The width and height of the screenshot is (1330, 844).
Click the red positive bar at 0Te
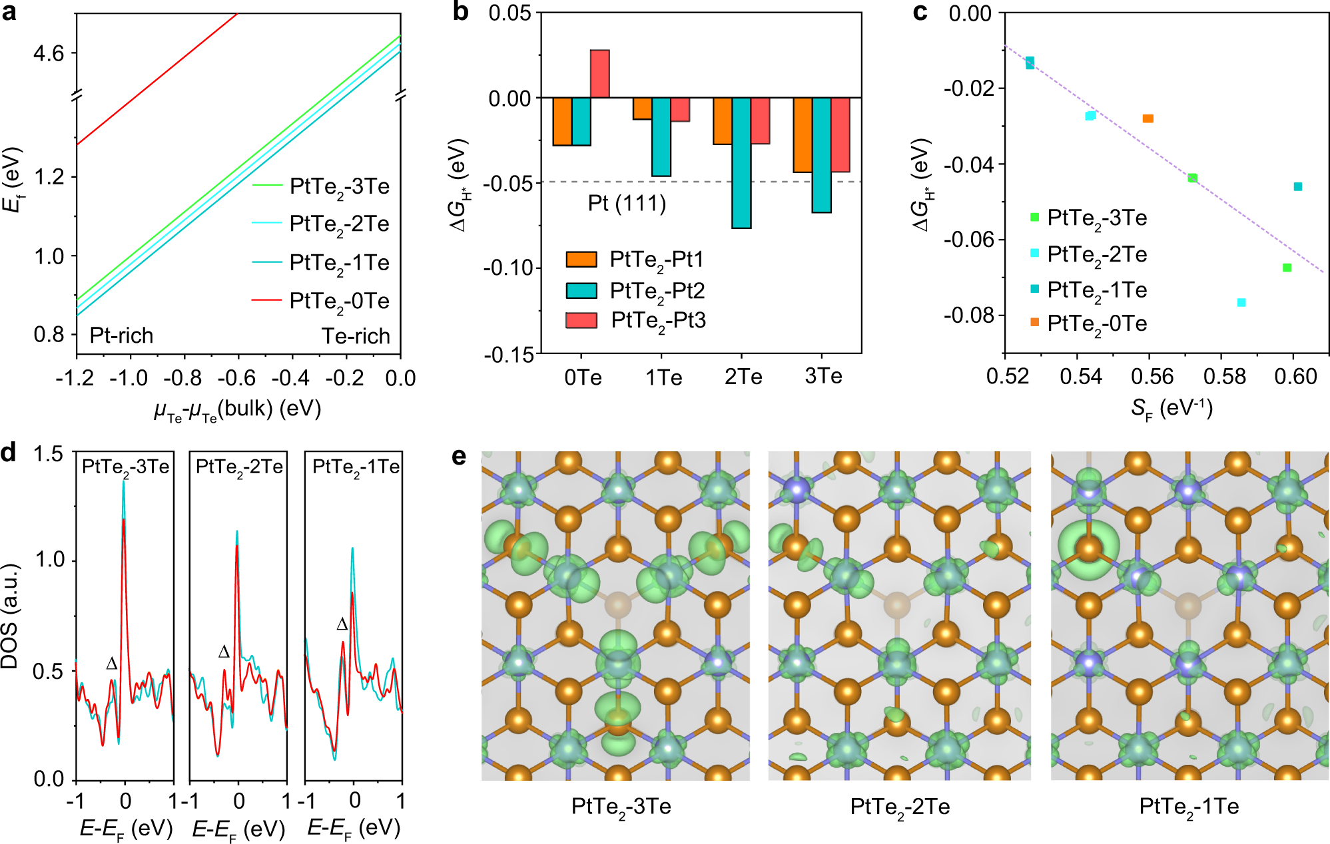(599, 74)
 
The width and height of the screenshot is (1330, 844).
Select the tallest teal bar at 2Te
(741, 162)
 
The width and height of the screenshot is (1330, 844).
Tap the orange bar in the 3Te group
(802, 135)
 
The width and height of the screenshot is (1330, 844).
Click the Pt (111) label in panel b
(627, 203)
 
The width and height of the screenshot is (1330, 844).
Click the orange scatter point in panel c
(1148, 118)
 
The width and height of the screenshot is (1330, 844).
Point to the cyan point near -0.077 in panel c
(1241, 303)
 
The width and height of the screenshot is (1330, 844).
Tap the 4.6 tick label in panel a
(49, 53)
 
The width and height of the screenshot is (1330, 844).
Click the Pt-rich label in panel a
(121, 335)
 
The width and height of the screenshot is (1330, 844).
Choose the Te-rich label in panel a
(356, 336)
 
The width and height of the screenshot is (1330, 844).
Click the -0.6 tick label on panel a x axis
(236, 379)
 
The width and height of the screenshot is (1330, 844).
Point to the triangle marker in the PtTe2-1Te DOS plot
(342, 624)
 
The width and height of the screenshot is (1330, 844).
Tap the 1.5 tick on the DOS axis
(48, 455)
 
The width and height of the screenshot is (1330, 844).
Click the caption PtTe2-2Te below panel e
(900, 807)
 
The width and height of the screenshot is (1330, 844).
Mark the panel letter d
(9, 454)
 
